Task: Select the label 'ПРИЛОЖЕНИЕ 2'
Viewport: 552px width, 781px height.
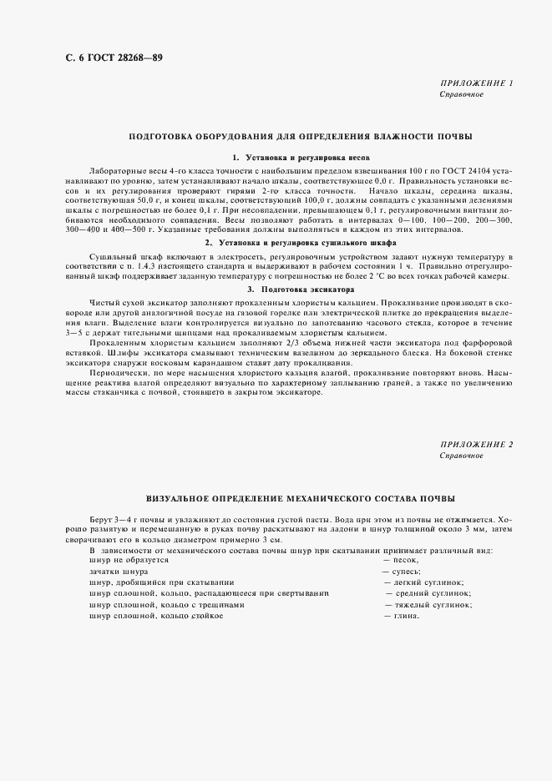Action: (x=476, y=445)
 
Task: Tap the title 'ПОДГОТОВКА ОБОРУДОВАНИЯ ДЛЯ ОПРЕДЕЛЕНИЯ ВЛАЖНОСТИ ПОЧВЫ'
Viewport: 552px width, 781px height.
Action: (x=300, y=135)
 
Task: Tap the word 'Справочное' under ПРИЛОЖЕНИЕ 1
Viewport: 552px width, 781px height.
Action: (x=461, y=95)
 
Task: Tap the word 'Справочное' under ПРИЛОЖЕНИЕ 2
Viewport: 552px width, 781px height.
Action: (x=461, y=456)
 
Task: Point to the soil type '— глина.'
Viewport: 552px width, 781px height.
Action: (x=402, y=615)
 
